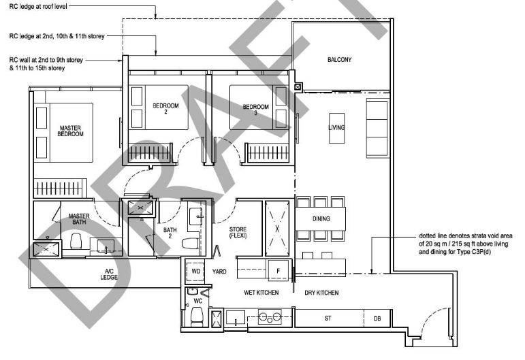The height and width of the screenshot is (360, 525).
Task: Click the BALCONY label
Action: [x=339, y=60]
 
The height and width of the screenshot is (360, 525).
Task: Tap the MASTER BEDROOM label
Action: [x=70, y=131]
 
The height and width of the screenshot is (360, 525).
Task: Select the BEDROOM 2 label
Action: [x=165, y=108]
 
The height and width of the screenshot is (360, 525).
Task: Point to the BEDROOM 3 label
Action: [x=256, y=110]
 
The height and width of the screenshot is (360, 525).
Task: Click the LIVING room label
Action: [x=336, y=127]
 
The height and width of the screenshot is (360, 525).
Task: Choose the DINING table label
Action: [x=321, y=218]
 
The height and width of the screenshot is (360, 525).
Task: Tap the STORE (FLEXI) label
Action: [x=238, y=232]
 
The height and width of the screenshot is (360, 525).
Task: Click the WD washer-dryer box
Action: [x=195, y=272]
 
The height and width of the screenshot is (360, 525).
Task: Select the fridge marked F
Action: [x=279, y=270]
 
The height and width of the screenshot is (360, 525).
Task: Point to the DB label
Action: [x=377, y=318]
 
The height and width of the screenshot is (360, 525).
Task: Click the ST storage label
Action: [x=328, y=318]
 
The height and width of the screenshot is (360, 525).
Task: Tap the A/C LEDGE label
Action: [x=109, y=274]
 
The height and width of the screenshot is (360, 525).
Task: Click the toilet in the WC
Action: [x=197, y=316]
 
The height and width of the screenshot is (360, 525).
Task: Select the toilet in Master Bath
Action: [x=76, y=241]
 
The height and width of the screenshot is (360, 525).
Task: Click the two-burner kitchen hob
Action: [x=270, y=316]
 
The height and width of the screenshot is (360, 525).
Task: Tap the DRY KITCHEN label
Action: [x=321, y=293]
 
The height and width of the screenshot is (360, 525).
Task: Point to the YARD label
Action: [x=219, y=272]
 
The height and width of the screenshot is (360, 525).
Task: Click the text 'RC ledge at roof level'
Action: [x=38, y=6]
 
